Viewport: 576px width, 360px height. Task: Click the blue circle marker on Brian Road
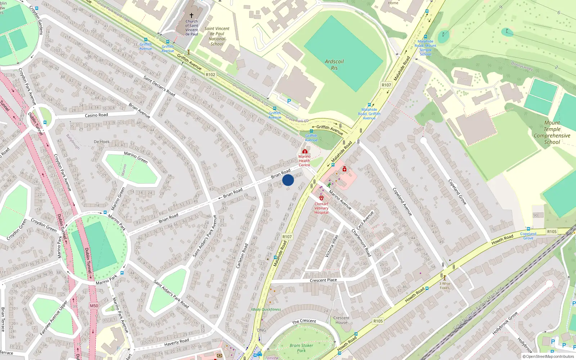point(288,180)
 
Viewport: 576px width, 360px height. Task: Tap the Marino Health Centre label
point(304,161)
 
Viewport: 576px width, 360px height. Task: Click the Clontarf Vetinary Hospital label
point(321,208)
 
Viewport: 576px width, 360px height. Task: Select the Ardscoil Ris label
point(334,64)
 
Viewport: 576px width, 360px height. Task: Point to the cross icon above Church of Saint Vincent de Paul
point(192,15)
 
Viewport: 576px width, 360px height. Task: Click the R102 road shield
point(210,75)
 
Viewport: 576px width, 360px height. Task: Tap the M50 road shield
point(94,306)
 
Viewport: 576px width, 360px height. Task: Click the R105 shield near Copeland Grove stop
point(552,231)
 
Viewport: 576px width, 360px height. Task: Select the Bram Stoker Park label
point(301,348)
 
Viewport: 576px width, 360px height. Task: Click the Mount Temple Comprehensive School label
point(552,132)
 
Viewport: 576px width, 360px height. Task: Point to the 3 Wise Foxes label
point(445,285)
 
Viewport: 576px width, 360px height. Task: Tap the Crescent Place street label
point(323,280)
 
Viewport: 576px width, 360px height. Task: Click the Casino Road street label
point(96,115)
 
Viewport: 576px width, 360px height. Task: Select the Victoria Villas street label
point(332,246)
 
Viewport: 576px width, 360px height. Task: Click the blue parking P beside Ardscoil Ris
point(289,102)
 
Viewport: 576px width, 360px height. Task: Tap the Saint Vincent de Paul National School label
point(217,36)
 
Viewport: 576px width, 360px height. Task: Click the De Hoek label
point(102,142)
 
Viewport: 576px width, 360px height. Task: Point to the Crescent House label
point(341,320)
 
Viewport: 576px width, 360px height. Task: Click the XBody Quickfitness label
point(266,310)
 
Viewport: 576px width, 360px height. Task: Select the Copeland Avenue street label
point(402,202)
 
